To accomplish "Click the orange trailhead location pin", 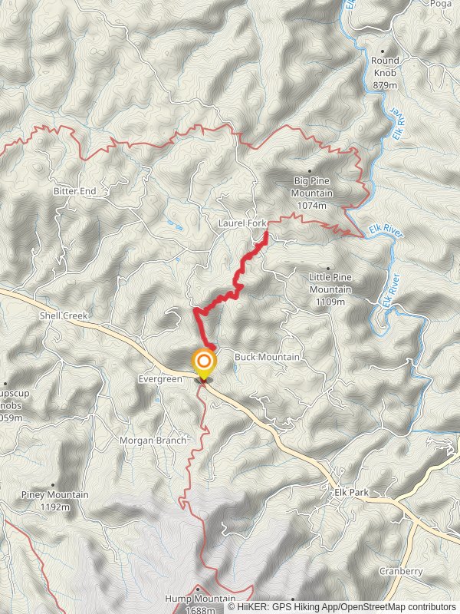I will tap(204, 362).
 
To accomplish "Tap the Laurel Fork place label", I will tap(242, 223).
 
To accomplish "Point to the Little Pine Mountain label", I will tap(330, 283).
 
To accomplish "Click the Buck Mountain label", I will tap(267, 357).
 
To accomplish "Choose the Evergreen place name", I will tap(161, 378).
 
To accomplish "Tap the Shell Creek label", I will tap(64, 315).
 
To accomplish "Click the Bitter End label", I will tap(73, 190).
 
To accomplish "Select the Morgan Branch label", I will tap(153, 441).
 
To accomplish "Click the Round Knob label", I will tap(385, 66).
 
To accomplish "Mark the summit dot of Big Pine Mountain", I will tap(310, 171).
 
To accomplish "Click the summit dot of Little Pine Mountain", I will tap(330, 269).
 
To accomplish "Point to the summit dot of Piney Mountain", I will tap(52, 484).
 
